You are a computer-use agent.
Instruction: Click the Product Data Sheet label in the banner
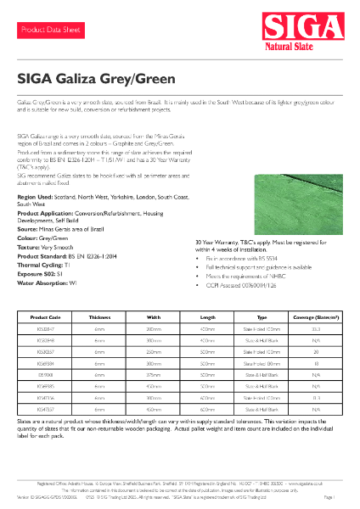pyautogui.click(x=50, y=30)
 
